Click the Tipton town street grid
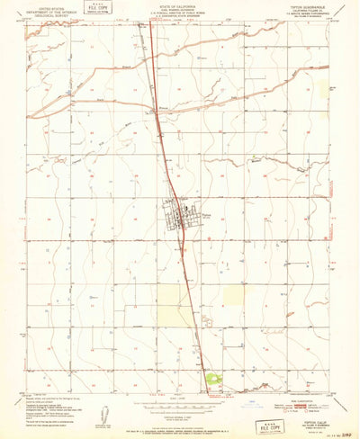(x=175, y=216)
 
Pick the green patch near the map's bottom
(x=213, y=381)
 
